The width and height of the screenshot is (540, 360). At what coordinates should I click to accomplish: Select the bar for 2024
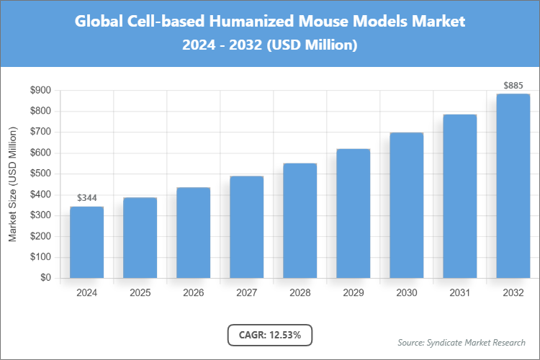[x=86, y=242]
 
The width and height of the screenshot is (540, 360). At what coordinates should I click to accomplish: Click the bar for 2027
[x=246, y=227]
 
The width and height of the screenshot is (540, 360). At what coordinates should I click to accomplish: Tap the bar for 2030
[x=406, y=205]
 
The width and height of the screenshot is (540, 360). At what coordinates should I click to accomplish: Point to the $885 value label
[x=513, y=86]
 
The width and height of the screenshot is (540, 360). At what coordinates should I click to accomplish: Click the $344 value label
[x=86, y=198]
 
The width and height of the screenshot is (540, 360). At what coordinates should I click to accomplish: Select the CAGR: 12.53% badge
[x=269, y=335]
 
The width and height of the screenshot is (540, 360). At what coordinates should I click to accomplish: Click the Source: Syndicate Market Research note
[x=462, y=342]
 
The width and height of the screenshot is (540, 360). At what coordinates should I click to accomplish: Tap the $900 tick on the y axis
[x=40, y=91]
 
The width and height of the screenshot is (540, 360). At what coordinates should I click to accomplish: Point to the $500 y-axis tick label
[x=40, y=174]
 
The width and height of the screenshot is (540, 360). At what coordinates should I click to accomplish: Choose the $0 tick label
[x=45, y=278]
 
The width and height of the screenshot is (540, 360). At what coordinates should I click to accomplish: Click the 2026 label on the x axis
[x=193, y=293]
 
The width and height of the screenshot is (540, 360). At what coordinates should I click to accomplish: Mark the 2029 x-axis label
[x=353, y=293]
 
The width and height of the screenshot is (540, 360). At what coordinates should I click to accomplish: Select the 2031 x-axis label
[x=459, y=293]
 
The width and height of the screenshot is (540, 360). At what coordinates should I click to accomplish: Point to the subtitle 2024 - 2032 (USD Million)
[x=270, y=45]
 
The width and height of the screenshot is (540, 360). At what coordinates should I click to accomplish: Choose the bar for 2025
[x=140, y=238]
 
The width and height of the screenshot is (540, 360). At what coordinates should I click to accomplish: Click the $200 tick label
[x=40, y=236]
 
